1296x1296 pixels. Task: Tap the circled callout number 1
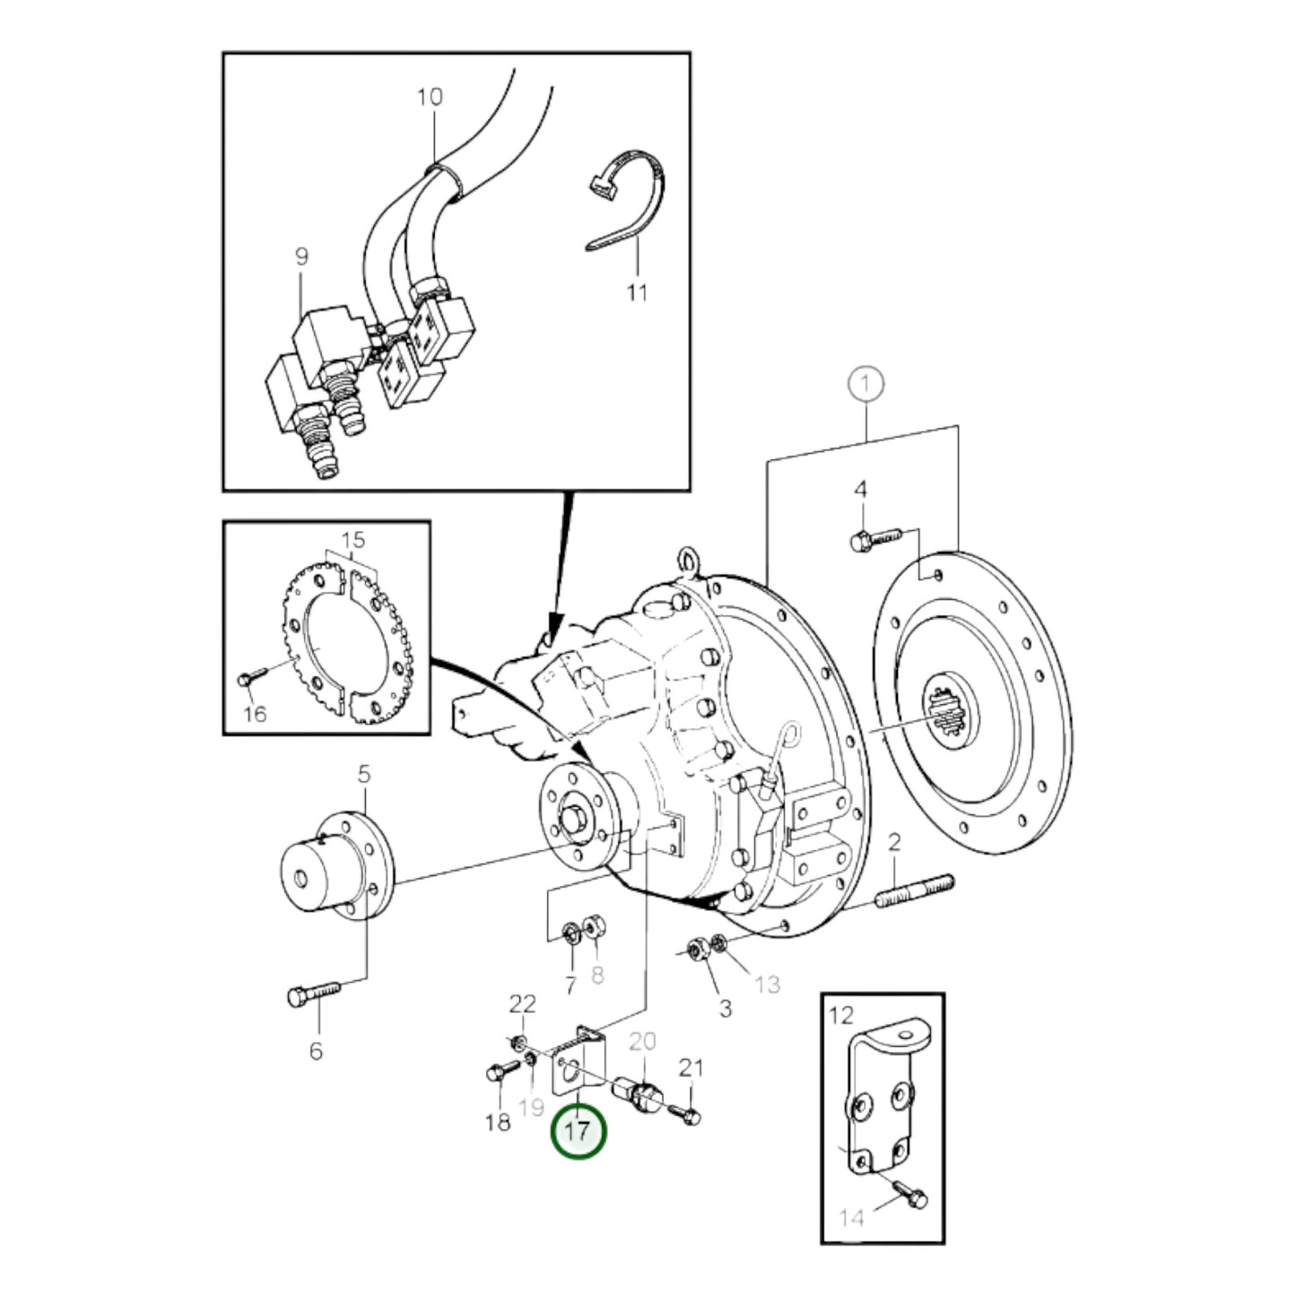865,385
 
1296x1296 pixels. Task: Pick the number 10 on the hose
431,97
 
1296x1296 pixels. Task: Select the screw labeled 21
691,1115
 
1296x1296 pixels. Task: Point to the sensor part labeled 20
639,1094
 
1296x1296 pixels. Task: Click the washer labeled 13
718,943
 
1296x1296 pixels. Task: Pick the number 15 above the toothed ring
353,541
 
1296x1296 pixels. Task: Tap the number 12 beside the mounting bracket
842,1016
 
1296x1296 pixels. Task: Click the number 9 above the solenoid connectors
301,257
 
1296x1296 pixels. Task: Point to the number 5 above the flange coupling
363,774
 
